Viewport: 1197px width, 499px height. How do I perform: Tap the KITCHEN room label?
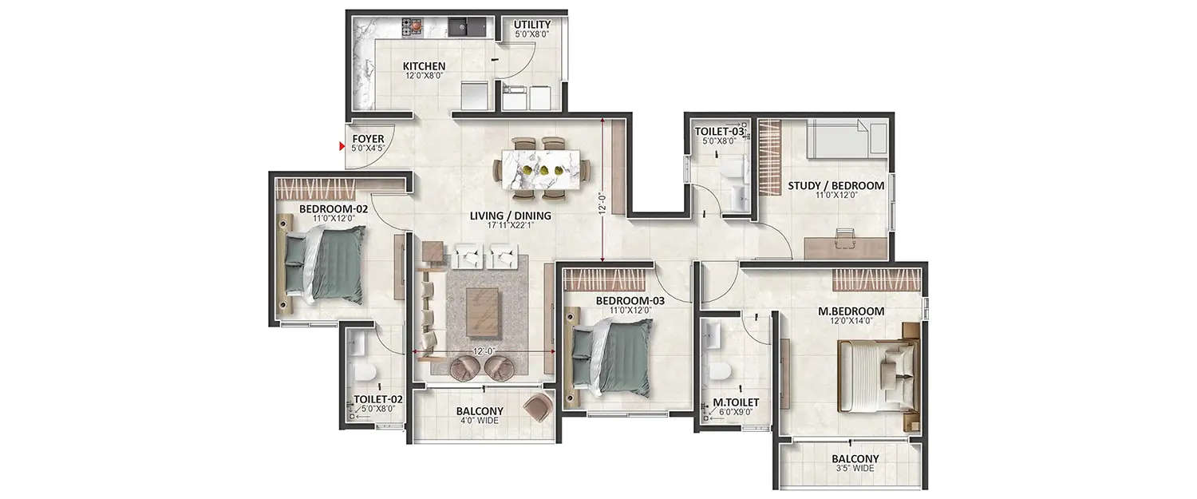pos(424,66)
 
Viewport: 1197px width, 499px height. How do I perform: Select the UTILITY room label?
pos(532,26)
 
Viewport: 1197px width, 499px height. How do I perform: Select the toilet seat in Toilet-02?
pos(363,374)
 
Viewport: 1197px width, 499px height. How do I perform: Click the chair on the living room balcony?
pos(537,408)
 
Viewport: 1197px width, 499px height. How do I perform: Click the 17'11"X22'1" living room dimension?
pos(521,226)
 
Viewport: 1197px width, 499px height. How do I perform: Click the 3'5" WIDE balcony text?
pos(855,469)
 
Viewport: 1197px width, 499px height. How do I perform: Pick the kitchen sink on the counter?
pos(460,28)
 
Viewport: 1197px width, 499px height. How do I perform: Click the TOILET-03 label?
pos(719,131)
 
